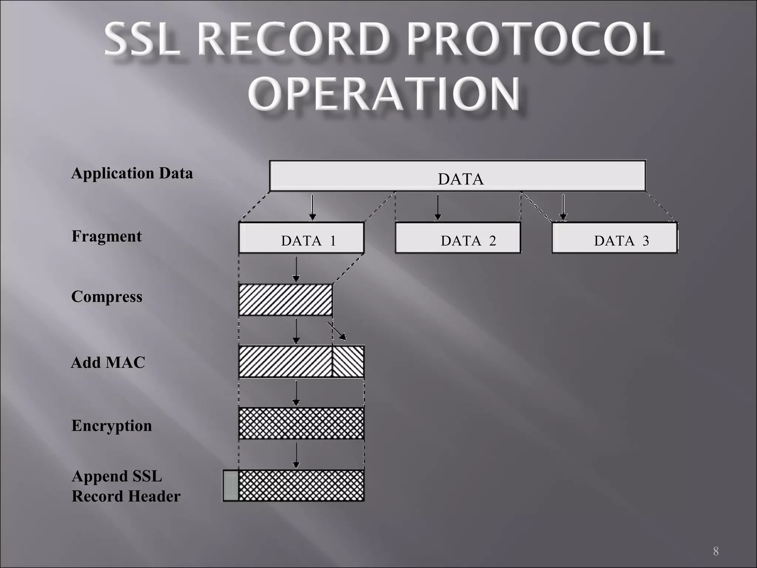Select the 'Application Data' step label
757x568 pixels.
132,173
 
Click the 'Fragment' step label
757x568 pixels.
106,236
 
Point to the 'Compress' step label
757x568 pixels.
106,297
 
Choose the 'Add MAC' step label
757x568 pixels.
108,363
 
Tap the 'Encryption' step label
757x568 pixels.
112,426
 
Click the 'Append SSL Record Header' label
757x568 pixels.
126,486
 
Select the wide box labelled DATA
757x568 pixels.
457,176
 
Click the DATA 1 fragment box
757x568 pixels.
301,238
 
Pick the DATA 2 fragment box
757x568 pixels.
458,238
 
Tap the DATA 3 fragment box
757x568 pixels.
614,238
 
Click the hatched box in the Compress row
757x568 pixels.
285,300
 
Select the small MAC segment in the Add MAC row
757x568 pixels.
348,361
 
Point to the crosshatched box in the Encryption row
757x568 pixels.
301,423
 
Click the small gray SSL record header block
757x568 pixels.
231,486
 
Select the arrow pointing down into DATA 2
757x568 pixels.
438,207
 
